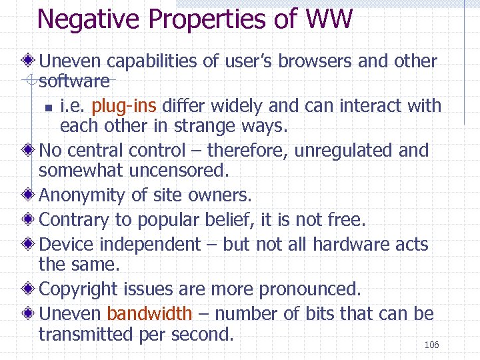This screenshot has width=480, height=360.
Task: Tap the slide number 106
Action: (x=431, y=345)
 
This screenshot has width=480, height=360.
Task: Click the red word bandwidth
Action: (x=149, y=313)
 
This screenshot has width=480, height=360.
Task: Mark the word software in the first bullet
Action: (x=74, y=81)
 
